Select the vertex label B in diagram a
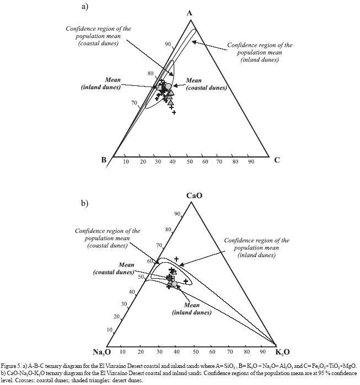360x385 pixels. (104, 160)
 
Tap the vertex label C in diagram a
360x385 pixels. (277, 160)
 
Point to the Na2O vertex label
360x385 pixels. (102, 352)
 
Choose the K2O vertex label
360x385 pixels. (282, 352)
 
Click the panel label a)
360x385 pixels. (85, 7)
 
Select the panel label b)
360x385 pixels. (85, 203)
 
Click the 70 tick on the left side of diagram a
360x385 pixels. (134, 103)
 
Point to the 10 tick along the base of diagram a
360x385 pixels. (126, 161)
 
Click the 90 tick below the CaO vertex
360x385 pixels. (178, 214)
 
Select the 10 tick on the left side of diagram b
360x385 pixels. (109, 330)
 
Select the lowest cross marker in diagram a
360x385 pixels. (174, 112)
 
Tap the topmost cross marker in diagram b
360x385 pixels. (176, 259)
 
